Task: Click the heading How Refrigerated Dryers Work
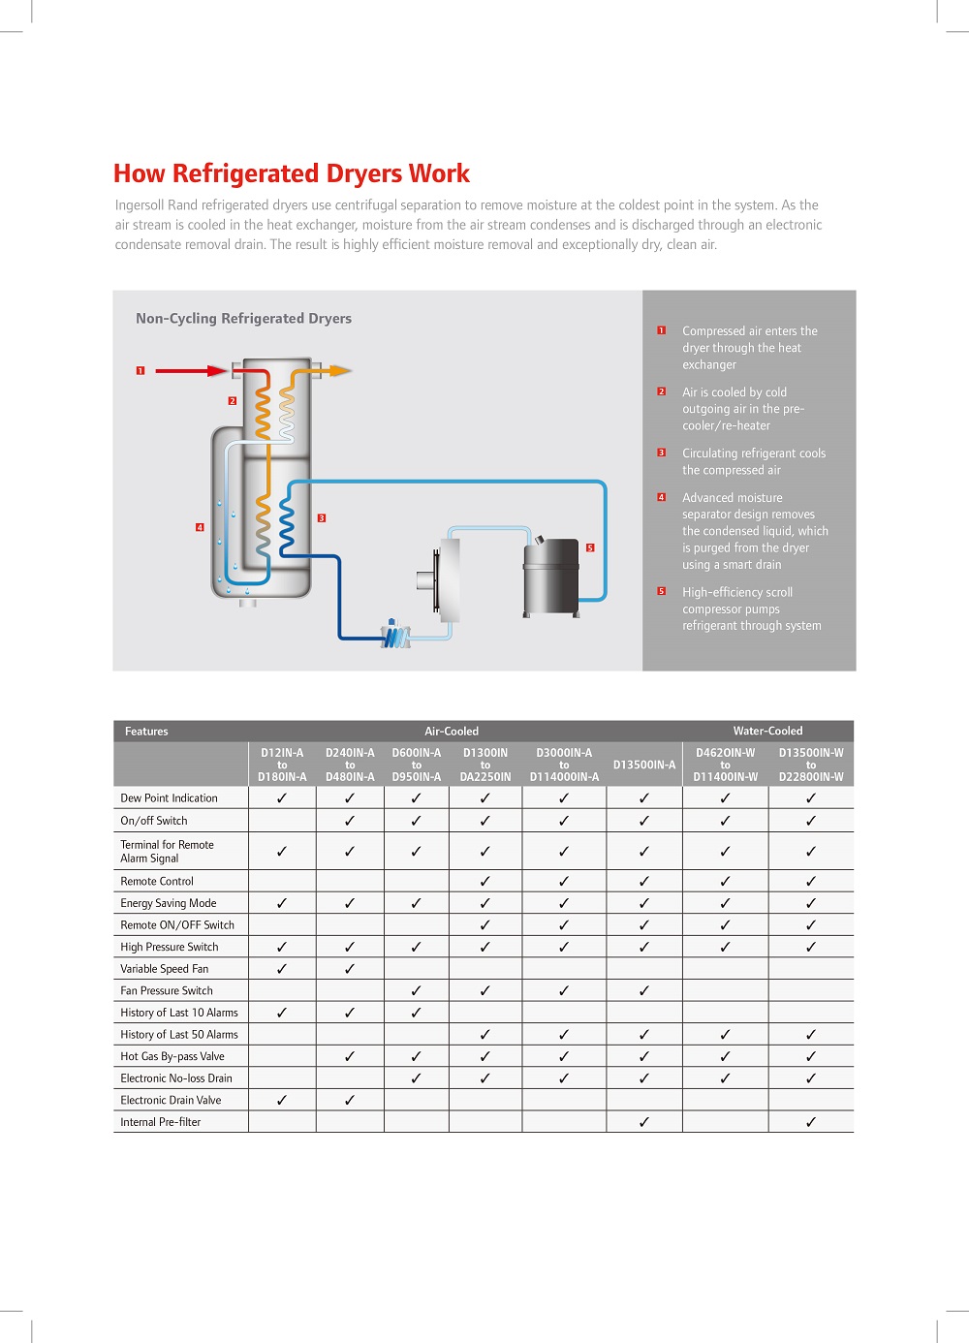tap(291, 173)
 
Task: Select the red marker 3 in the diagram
tap(322, 518)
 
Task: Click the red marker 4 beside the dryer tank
tap(200, 527)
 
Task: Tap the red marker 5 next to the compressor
tap(590, 547)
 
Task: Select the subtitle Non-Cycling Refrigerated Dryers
tap(243, 318)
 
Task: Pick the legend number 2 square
tap(661, 391)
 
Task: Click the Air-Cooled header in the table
tap(452, 731)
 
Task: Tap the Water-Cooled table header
tap(767, 731)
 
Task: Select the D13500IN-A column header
tap(644, 765)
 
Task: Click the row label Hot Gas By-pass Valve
tap(172, 1056)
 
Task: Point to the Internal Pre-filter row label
tap(161, 1122)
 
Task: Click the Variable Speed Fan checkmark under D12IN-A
tap(282, 968)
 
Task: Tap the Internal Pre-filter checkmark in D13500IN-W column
tap(811, 1122)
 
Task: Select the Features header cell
tap(146, 731)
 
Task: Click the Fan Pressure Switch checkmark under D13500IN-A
tap(644, 990)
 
